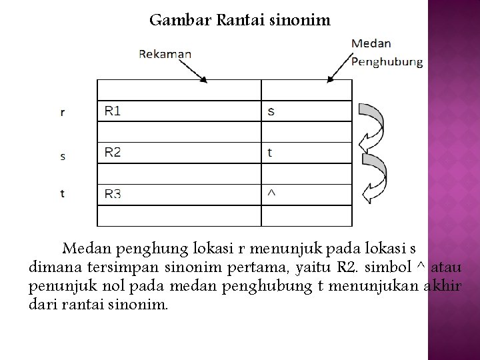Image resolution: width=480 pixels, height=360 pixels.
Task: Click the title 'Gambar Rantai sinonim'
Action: click(239, 20)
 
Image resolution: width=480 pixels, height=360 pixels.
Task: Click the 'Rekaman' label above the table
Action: click(165, 54)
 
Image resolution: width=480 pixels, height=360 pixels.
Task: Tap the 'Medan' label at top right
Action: click(371, 43)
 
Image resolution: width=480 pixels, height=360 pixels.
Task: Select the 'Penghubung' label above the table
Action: click(387, 62)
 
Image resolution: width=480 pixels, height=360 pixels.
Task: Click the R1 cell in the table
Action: click(113, 111)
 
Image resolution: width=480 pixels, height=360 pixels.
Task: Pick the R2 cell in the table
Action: click(113, 153)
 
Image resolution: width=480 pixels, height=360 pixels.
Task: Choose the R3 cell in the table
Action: click(113, 194)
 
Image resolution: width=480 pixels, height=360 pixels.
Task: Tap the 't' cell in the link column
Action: click(269, 153)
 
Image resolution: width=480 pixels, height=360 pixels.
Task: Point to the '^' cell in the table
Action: click(270, 193)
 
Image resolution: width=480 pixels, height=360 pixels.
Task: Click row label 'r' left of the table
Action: click(62, 113)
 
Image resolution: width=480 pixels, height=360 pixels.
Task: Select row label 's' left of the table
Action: click(62, 157)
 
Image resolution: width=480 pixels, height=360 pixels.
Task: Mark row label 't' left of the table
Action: click(62, 194)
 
